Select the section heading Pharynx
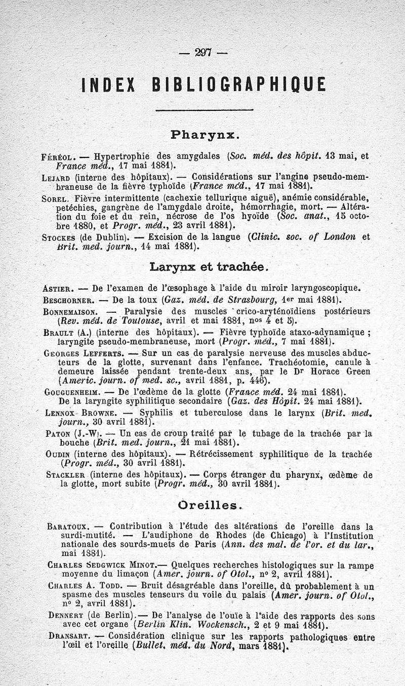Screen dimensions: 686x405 pos(202,135)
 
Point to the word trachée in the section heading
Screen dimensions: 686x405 pos(242,266)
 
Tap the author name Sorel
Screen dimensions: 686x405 pos(55,197)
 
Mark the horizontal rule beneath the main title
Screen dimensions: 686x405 pos(204,110)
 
